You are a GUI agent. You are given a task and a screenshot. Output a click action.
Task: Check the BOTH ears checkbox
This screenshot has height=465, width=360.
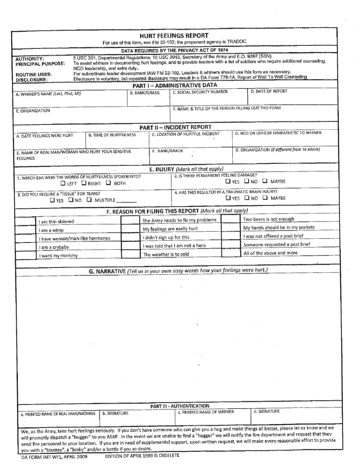(x=108, y=183)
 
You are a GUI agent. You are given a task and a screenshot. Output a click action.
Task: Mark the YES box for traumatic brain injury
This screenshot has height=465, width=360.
(x=228, y=198)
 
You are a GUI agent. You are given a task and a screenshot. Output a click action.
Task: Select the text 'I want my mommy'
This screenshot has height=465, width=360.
(x=58, y=256)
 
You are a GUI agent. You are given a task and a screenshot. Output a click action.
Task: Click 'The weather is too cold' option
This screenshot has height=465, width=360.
(x=165, y=254)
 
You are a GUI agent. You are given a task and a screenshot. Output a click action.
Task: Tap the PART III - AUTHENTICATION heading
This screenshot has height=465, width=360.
(x=180, y=406)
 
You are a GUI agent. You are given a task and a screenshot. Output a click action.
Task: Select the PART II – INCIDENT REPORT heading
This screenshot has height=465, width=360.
(x=175, y=127)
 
